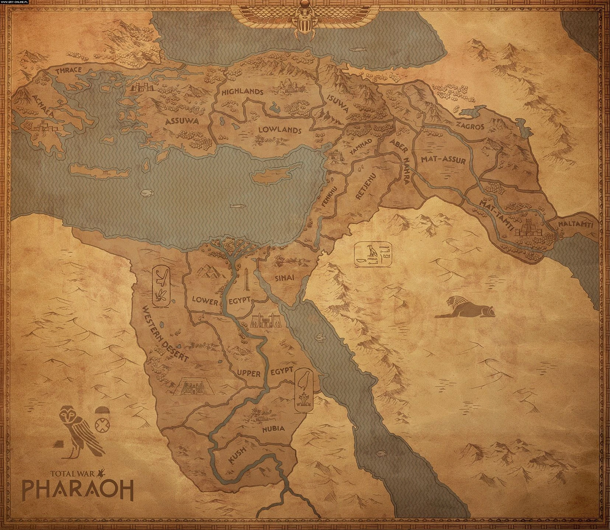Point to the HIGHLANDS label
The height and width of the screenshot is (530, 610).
point(242,92)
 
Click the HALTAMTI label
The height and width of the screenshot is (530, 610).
point(576,224)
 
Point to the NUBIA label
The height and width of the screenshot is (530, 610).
point(273,429)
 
